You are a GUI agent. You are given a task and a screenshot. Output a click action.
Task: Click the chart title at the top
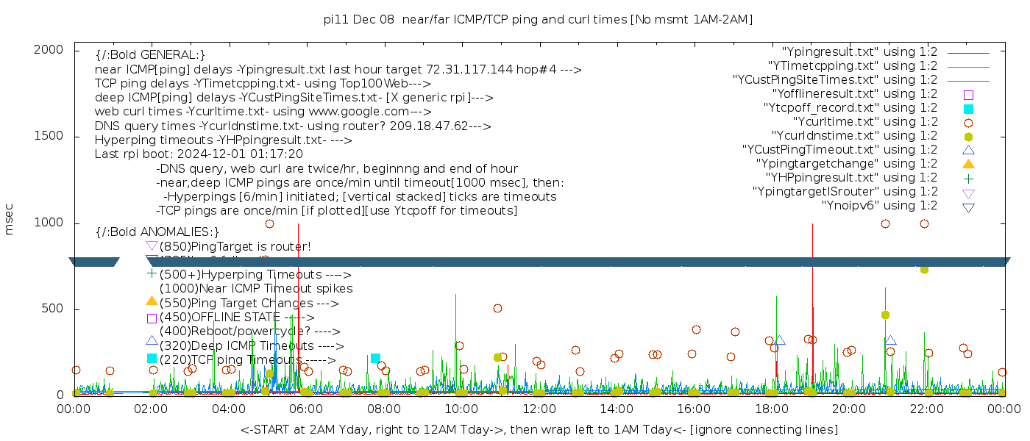[539, 19]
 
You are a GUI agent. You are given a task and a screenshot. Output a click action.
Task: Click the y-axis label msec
[10, 222]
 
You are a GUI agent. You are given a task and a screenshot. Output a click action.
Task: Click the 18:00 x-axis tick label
[770, 409]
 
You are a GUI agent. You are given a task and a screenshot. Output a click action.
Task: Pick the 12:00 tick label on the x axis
[538, 409]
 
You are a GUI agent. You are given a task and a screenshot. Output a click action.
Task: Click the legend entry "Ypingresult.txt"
[859, 52]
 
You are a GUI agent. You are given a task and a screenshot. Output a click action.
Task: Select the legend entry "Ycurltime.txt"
[864, 122]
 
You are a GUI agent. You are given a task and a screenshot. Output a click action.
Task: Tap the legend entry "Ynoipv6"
[879, 206]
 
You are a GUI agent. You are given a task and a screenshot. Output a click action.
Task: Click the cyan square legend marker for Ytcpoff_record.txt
[968, 109]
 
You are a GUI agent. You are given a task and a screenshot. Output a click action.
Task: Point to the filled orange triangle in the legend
[968, 164]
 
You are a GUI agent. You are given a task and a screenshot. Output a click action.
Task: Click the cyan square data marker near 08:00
[375, 358]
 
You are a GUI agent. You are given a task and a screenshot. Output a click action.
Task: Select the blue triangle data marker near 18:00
[779, 341]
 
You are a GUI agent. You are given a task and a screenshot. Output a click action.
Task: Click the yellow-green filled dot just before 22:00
[924, 270]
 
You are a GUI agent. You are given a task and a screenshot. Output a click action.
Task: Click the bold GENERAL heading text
[150, 55]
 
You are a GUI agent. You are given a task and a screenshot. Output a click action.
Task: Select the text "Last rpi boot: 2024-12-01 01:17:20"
[199, 154]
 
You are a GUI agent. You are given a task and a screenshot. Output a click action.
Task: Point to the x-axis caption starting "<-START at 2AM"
[539, 429]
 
